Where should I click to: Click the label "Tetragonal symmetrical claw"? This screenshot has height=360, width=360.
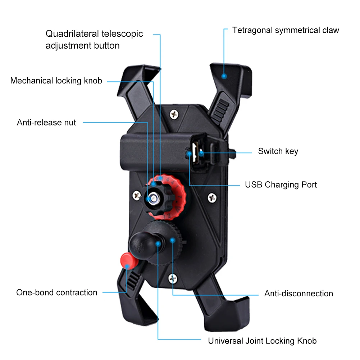286,30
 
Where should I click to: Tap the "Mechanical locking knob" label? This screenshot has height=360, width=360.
56,81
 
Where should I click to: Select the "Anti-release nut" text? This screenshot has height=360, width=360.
46,122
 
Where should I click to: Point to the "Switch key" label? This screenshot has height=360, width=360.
278,151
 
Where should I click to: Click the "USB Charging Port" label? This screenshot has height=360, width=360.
281,184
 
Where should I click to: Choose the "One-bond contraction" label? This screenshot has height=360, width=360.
57,292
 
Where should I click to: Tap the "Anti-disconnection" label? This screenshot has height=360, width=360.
299,293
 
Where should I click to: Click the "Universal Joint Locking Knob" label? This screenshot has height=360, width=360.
262,341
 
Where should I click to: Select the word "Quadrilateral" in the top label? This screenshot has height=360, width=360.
72,34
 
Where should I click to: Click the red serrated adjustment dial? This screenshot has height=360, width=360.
174,197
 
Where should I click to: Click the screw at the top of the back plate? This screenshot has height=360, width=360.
174,114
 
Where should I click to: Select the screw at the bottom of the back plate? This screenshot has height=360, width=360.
173,278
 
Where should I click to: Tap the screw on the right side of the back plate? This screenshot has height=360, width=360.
212,198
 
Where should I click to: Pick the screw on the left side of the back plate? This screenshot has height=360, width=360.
137,195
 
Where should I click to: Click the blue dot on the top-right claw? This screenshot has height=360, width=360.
224,76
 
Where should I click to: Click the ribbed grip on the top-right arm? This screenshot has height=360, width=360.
220,112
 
